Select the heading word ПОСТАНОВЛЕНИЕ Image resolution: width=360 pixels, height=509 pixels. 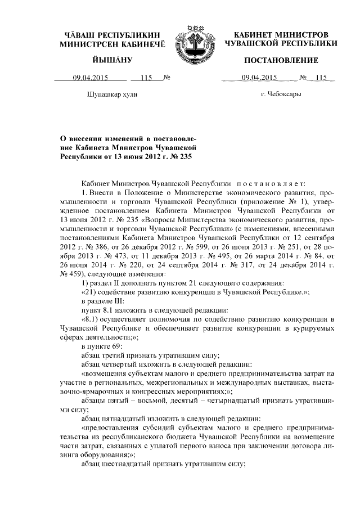coord(281,60)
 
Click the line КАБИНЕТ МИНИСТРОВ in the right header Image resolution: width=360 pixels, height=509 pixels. coord(281,35)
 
